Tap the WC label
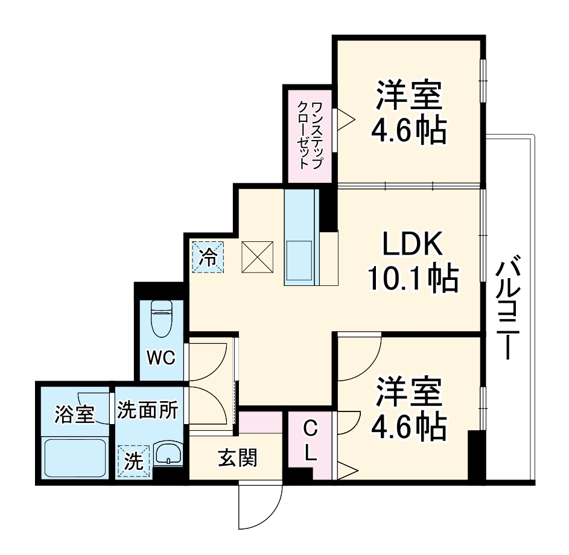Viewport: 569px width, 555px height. pos(161,357)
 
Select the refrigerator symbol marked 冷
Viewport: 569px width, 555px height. pos(208,258)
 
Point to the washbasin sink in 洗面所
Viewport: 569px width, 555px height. pos(167,454)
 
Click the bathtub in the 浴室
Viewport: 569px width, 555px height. pos(75,458)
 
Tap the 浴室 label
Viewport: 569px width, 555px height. pos(74,414)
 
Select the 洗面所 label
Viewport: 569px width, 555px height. pos(147,411)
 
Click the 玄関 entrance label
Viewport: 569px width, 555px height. pos(237,458)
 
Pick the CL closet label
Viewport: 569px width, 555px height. pos(310,442)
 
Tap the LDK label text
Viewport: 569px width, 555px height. pos(413,245)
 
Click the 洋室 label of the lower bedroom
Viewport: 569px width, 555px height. pos(410,393)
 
